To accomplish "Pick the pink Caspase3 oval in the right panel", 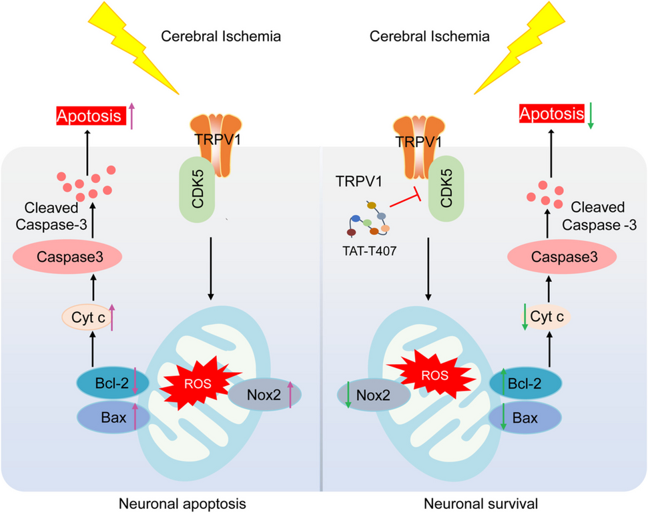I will (x=552, y=256).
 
